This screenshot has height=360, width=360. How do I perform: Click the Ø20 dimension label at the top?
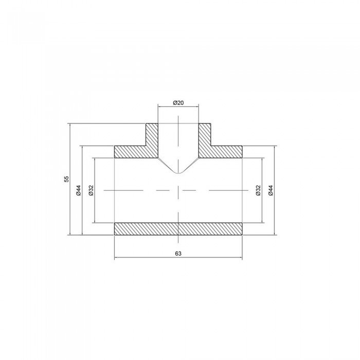[x=178, y=102]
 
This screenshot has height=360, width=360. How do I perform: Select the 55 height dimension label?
[x=66, y=179]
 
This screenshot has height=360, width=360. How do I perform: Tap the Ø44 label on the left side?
[x=78, y=190]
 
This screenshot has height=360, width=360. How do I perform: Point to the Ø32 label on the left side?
[x=91, y=190]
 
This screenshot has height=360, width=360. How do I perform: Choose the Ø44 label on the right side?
[x=271, y=190]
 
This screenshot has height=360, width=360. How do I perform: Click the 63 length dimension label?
[x=178, y=253]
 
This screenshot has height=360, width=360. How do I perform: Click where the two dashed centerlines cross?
[x=178, y=190]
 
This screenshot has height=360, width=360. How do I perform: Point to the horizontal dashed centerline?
[x=139, y=190]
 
